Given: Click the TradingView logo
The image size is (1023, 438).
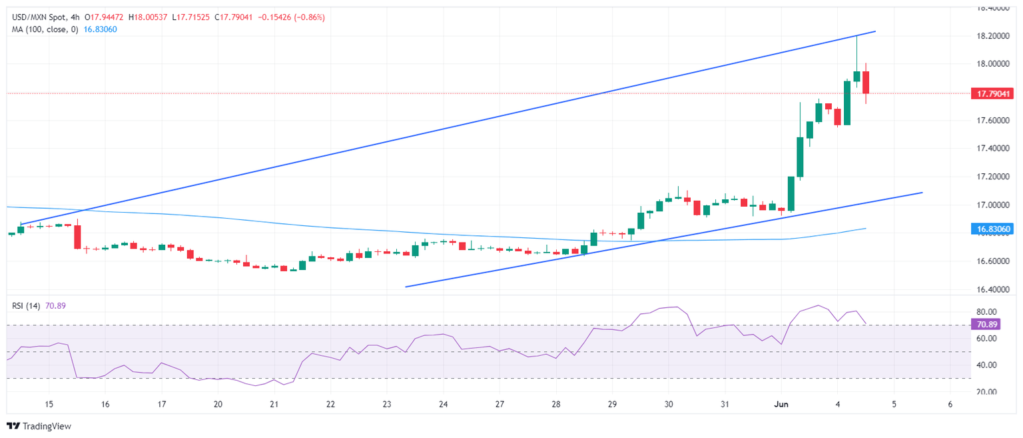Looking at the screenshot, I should tap(39, 426).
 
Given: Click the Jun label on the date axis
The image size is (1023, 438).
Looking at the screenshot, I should tap(782, 404).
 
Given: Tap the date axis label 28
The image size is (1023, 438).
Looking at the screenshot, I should tap(556, 404).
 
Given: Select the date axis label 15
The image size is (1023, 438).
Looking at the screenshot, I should tap(49, 404).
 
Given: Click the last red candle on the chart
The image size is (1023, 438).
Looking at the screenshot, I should tap(866, 82).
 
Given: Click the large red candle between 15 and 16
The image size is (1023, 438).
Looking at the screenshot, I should tap(77, 237).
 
